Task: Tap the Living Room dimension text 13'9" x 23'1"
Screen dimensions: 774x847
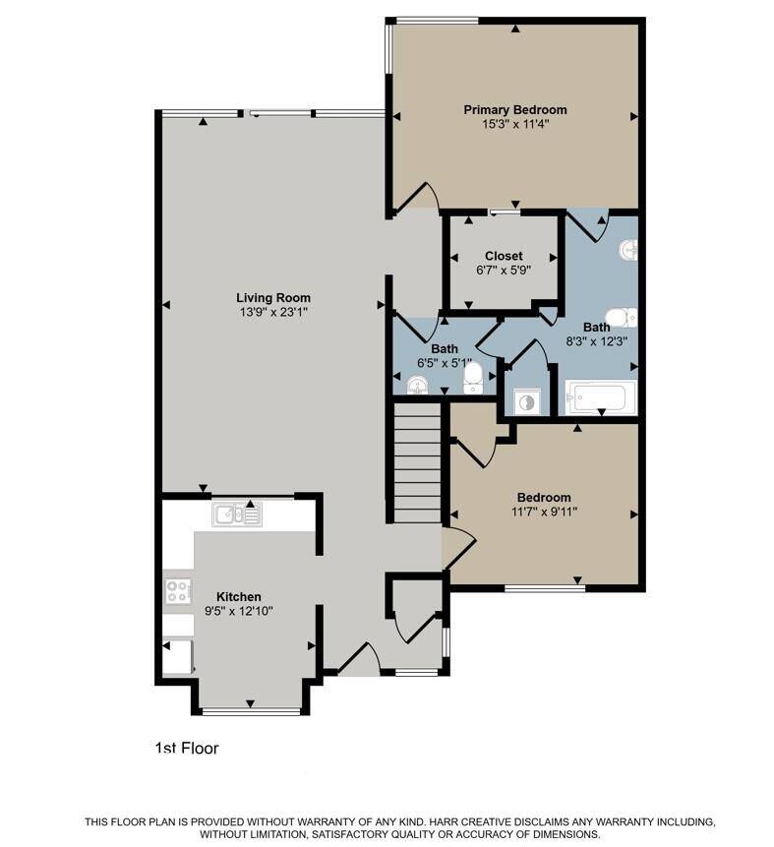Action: point(273,312)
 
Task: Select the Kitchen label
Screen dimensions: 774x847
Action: point(239,597)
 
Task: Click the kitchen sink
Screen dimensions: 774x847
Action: point(237,514)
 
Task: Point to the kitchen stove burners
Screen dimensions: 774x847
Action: point(178,590)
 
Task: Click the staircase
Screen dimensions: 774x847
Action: point(418,462)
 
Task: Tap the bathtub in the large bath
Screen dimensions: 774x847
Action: point(600,396)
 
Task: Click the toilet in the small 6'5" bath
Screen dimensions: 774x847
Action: point(473,378)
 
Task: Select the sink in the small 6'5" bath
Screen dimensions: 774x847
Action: point(417,387)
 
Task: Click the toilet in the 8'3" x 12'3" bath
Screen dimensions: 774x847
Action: point(622,318)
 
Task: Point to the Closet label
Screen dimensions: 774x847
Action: point(504,256)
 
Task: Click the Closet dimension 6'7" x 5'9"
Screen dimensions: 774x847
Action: point(504,270)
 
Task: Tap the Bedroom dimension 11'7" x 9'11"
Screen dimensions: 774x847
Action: point(544,511)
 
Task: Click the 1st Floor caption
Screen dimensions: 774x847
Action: point(187,749)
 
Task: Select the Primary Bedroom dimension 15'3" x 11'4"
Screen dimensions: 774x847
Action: point(515,124)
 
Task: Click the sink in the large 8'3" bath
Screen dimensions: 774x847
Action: point(628,250)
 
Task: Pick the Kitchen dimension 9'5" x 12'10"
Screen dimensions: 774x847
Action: point(239,611)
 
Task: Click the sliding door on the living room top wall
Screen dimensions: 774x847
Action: point(277,113)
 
